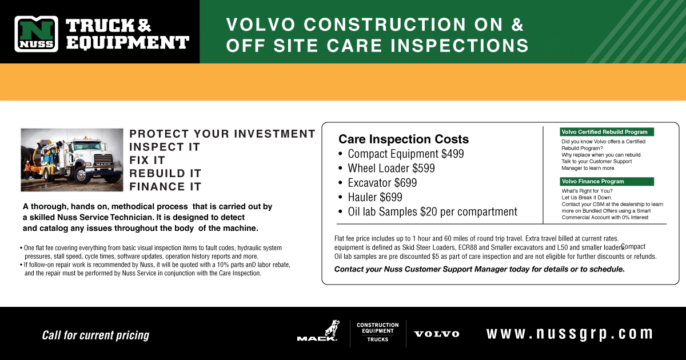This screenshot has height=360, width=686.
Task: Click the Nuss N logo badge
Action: pos(36,34)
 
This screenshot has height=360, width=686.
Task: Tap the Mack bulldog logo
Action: pos(318,331)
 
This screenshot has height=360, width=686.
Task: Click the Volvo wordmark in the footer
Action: pos(437,334)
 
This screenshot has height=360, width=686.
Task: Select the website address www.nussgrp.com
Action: pos(569,334)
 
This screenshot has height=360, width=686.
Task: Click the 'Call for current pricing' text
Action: pos(95,335)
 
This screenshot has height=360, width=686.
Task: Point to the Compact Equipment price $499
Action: pos(452,154)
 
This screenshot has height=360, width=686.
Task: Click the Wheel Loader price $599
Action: pos(424,168)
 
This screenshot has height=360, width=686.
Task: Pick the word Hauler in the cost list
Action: pos(362,197)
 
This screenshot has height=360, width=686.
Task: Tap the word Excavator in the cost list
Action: pos(369,183)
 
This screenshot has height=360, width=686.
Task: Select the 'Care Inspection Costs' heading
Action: pos(404,139)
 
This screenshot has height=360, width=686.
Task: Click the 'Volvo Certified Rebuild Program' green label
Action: pos(607,132)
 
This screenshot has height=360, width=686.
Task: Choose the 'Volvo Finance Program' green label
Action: pos(607,182)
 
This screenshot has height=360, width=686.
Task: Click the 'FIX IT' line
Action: pos(147,160)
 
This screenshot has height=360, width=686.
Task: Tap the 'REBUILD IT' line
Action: pos(165,173)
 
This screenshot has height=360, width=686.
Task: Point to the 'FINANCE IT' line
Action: pos(165,186)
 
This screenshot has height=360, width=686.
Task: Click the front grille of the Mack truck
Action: pos(103,161)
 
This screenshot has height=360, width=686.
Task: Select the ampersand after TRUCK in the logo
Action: pos(144,25)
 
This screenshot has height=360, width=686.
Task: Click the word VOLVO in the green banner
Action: pos(261,25)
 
